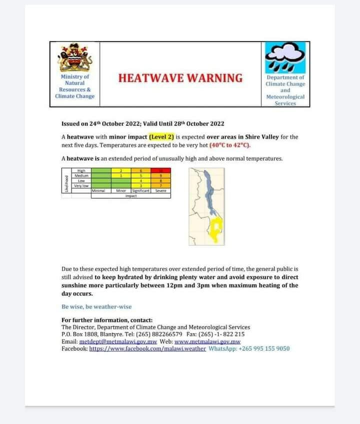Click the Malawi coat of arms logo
[x=75, y=58]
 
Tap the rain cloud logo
[x=285, y=57]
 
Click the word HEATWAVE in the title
[x=150, y=78]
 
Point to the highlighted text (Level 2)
[x=161, y=136]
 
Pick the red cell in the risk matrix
[x=160, y=171]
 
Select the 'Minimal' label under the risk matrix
[x=97, y=191]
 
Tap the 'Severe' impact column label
[x=160, y=191]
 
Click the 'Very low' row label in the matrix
[x=81, y=186]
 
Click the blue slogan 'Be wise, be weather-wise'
[x=96, y=306]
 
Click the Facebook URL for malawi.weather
[x=147, y=348]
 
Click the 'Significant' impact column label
[x=140, y=191]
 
